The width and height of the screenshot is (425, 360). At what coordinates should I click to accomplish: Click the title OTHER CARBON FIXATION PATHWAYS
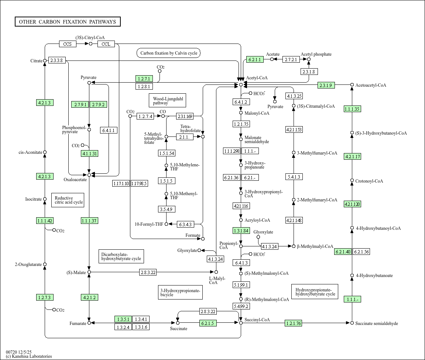tap(68, 22)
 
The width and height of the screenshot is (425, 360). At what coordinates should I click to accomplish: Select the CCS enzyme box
tap(68, 44)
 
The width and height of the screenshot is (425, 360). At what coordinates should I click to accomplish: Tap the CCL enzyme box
tap(106, 44)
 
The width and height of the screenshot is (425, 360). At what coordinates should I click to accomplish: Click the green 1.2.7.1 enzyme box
tap(144, 79)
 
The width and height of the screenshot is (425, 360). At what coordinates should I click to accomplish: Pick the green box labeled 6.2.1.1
tap(255, 59)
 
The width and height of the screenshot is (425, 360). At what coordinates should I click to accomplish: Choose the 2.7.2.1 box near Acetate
tap(291, 59)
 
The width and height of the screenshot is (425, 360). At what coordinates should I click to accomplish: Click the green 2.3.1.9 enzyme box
tap(326, 85)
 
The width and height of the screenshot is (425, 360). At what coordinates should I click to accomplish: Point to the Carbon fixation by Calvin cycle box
tap(168, 53)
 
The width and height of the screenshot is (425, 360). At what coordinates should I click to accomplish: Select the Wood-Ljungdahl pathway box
tap(168, 101)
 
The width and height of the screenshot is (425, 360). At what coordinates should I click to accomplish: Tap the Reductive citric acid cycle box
tap(68, 200)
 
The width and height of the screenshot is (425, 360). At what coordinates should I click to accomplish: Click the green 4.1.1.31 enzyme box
tap(90, 153)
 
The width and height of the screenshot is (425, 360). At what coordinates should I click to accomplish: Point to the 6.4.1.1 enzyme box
tap(109, 130)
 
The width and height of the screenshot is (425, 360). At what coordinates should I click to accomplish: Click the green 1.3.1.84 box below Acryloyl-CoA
tap(241, 231)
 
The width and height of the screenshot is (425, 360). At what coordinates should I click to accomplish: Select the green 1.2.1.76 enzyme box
tap(294, 323)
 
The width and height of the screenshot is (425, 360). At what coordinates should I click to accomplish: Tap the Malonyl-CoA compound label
tap(257, 113)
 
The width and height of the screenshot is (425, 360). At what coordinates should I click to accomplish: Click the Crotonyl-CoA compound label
tap(369, 181)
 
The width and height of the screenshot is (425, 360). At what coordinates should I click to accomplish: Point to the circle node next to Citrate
tap(45, 60)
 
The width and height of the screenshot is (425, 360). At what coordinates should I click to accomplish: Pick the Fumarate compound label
tap(78, 324)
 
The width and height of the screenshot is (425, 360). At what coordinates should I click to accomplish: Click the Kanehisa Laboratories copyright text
tap(29, 356)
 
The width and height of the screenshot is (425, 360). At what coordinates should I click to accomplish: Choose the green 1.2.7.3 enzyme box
tap(45, 297)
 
